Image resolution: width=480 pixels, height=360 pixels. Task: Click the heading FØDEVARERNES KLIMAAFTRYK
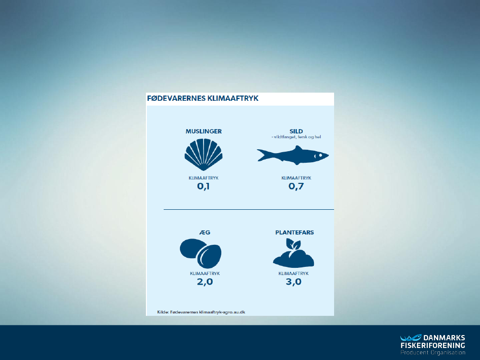(x=203, y=98)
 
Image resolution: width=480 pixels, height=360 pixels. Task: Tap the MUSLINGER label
(x=204, y=132)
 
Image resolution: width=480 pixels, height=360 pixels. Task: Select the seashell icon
(x=204, y=155)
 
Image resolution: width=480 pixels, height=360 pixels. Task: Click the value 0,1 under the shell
(x=204, y=186)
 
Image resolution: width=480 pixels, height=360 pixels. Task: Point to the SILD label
(x=296, y=132)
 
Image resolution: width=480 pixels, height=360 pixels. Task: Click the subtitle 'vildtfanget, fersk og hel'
(x=296, y=137)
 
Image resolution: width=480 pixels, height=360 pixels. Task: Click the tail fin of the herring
(x=263, y=155)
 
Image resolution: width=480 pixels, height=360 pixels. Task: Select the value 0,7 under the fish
(x=296, y=186)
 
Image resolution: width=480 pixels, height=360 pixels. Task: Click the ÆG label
(x=205, y=232)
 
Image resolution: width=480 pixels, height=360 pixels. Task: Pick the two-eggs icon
(x=201, y=253)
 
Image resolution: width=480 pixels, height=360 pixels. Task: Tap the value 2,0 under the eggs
(x=205, y=282)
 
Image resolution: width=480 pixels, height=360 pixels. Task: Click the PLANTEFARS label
(x=295, y=232)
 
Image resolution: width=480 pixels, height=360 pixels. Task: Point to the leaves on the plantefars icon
(x=293, y=244)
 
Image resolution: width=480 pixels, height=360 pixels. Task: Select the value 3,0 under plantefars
(x=294, y=282)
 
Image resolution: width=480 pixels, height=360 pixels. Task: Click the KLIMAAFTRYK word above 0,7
(x=296, y=178)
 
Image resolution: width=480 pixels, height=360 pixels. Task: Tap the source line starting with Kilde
(x=201, y=312)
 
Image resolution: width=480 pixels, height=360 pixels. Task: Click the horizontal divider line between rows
(x=249, y=209)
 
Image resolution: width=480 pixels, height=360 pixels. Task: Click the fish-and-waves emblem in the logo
(x=411, y=337)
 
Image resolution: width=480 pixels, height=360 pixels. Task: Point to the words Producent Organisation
(x=433, y=353)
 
